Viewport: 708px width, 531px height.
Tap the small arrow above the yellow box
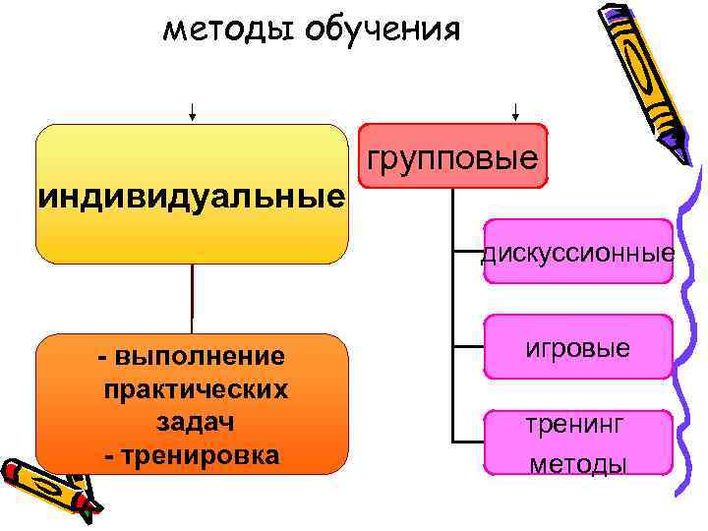[x=193, y=110]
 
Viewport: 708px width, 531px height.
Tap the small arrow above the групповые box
[x=515, y=110]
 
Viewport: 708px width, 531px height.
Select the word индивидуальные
[x=192, y=197]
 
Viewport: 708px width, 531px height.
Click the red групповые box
[x=452, y=155]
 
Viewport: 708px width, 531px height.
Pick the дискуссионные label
[x=578, y=255]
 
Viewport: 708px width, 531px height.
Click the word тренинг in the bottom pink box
[x=574, y=425]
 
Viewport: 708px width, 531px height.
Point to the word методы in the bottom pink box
[x=577, y=463]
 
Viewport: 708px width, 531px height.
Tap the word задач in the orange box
[x=194, y=423]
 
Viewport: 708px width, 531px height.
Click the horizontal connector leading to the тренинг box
[x=468, y=439]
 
